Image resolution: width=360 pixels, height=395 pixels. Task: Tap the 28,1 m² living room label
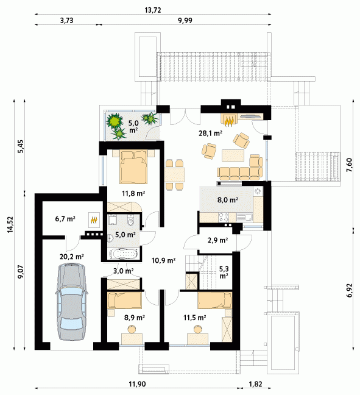pos(211,133)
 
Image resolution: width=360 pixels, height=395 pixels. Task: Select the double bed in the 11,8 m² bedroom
pos(133,167)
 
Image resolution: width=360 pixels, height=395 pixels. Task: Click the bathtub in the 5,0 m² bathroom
pos(124,253)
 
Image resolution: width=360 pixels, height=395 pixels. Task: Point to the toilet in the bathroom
pos(131,221)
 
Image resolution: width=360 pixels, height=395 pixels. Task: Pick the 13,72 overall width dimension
pos(153,10)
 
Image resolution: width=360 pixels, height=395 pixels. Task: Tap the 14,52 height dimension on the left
pos(10,224)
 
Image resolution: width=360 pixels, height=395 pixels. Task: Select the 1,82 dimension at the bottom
pos(255,384)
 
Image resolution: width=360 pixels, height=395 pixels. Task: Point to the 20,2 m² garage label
pos(71,257)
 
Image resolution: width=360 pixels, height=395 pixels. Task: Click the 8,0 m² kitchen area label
pos(228,200)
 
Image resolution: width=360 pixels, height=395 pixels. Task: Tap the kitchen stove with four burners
pos(224,218)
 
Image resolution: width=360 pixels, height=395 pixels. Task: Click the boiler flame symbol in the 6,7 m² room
pos(94,220)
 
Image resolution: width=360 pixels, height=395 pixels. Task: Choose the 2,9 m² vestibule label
pos(217,240)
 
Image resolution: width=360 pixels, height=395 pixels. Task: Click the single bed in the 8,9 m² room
pos(124,301)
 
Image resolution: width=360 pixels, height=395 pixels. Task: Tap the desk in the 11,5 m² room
pos(197,339)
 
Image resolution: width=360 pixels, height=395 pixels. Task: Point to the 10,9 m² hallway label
pos(163,260)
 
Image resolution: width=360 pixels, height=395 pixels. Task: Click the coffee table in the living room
pos(233,155)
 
